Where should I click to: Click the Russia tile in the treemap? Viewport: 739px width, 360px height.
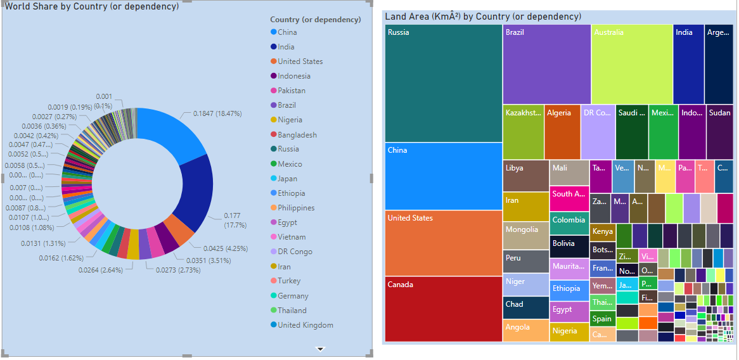(x=443, y=83)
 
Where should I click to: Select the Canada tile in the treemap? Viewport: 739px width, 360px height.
(x=443, y=309)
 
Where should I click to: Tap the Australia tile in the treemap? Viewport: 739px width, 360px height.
(x=632, y=64)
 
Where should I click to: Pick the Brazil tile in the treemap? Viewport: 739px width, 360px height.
(x=547, y=64)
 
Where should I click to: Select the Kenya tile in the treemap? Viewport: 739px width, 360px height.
(x=602, y=231)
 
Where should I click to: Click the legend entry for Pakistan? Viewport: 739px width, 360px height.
(x=292, y=91)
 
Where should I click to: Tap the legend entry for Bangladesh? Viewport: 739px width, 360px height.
(x=297, y=135)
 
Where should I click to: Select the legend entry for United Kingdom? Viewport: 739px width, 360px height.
(x=305, y=325)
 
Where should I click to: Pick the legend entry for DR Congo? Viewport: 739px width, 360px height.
(x=294, y=252)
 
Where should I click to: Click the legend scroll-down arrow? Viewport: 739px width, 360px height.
(x=321, y=349)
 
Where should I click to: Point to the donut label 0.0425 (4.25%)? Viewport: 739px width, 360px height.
(x=226, y=248)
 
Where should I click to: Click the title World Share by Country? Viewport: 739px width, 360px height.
(x=92, y=6)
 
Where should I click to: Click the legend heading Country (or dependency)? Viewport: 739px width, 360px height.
(x=315, y=20)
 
